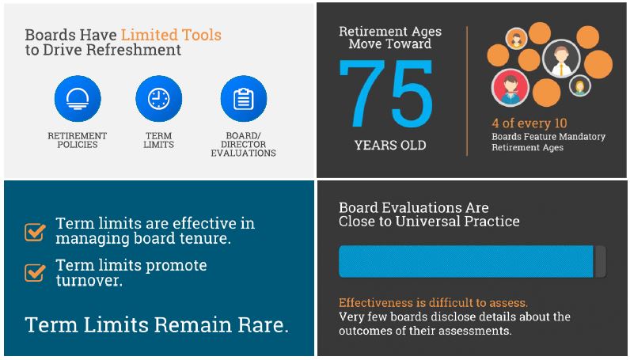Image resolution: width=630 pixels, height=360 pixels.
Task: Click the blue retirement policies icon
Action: (78, 99)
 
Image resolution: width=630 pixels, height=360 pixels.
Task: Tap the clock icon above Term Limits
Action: (159, 99)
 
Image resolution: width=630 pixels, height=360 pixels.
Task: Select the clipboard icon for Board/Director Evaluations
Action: (244, 99)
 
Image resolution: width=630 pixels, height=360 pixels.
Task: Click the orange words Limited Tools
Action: (171, 35)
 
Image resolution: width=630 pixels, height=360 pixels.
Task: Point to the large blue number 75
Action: (386, 93)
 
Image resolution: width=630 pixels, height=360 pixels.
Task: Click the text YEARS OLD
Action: (390, 145)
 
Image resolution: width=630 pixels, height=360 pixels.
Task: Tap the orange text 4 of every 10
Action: (529, 123)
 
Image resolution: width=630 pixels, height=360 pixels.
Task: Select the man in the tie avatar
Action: (561, 59)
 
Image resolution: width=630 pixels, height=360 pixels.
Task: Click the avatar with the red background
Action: (510, 88)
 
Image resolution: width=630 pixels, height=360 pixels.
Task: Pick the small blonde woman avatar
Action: (579, 86)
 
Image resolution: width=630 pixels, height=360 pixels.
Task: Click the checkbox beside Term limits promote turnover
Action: (35, 273)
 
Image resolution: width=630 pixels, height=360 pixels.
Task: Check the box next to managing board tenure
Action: (35, 233)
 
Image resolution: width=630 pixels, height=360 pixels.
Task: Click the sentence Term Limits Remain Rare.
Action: (157, 324)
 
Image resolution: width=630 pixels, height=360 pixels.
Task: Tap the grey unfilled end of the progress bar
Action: (599, 262)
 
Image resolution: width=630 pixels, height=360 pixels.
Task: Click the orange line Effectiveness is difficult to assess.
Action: (433, 302)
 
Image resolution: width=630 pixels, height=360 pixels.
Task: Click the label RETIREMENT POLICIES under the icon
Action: (78, 140)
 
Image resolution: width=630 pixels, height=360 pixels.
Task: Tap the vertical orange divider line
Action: (467, 91)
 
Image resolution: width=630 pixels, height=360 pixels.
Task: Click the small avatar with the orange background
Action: (516, 39)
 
